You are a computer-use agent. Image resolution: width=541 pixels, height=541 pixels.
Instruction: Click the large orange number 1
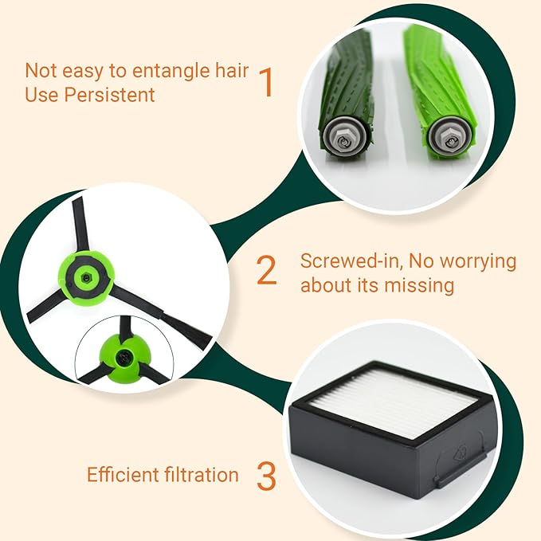click(x=266, y=82)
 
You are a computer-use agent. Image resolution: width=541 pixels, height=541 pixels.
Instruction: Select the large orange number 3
click(x=266, y=475)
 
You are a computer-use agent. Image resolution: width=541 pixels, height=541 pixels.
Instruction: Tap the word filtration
click(x=195, y=475)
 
